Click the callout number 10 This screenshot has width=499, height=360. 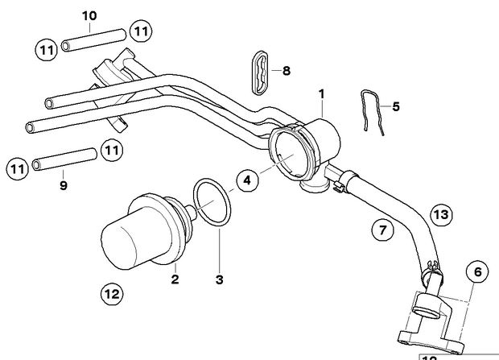pyautogui.click(x=89, y=15)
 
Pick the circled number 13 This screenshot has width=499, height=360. pyautogui.click(x=440, y=215)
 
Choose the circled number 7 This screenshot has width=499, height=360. pyautogui.click(x=384, y=231)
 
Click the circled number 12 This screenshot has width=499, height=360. pyautogui.click(x=112, y=293)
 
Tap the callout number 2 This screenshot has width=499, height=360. pyautogui.click(x=175, y=280)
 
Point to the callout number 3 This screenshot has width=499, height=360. pyautogui.click(x=220, y=280)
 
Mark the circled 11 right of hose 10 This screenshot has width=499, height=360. pyautogui.click(x=141, y=31)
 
